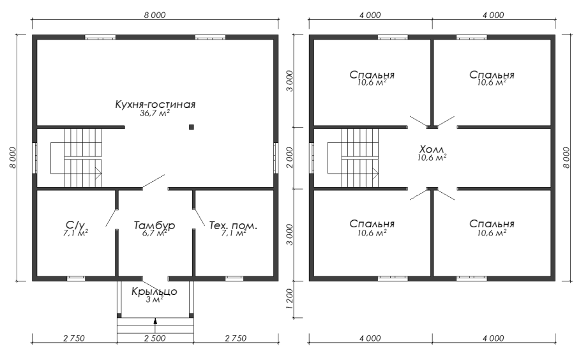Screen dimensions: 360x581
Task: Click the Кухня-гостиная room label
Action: click(x=155, y=104)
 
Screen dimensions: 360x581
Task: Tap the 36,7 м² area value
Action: click(x=155, y=113)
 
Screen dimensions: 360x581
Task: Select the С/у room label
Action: click(x=75, y=225)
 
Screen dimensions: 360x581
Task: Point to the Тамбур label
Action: click(x=155, y=225)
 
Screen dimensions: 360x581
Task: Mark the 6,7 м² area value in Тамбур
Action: click(x=155, y=234)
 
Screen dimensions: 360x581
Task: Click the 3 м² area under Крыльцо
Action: click(x=155, y=300)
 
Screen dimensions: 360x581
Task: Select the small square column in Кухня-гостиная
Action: click(x=192, y=127)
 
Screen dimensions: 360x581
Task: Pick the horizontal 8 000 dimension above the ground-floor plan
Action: click(x=155, y=14)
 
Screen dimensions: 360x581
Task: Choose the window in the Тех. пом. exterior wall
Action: click(x=234, y=278)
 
